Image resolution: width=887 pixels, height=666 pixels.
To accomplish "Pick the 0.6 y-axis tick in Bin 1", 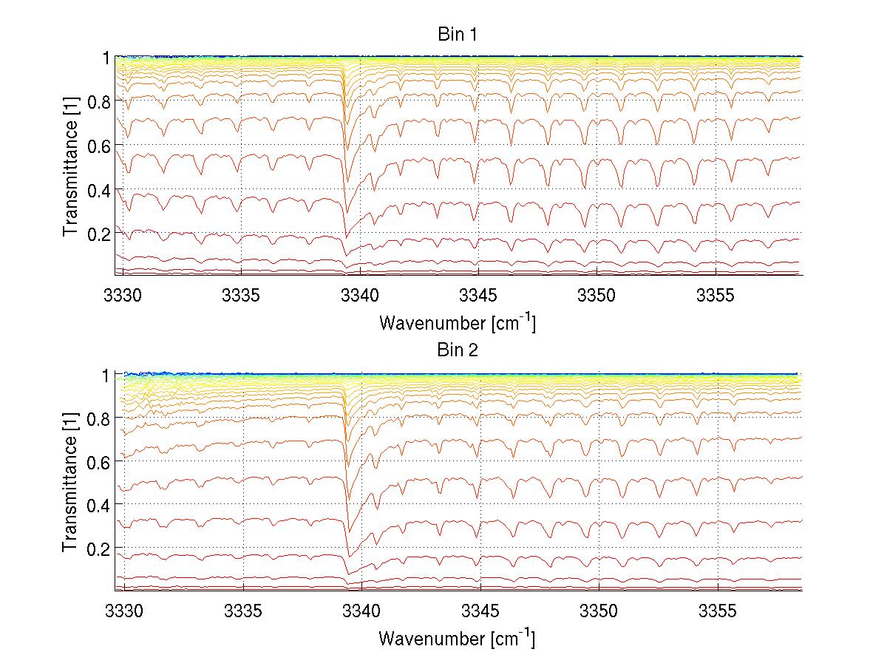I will pos(101,146).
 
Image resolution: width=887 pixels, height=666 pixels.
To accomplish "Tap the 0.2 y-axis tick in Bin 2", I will pos(101,548).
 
